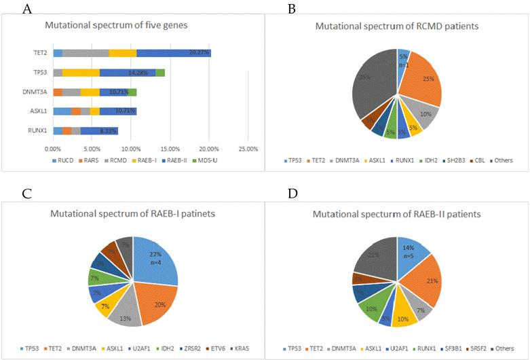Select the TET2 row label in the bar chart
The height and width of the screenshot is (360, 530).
(41, 53)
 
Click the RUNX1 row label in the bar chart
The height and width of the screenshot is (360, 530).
(38, 130)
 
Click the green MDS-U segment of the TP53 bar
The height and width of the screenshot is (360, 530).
(160, 73)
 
